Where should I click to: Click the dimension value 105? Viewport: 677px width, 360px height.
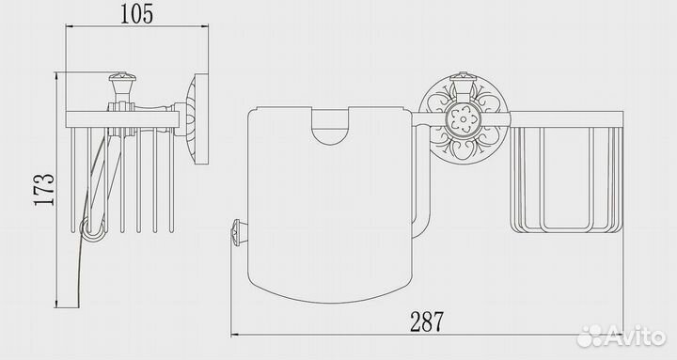[136, 13]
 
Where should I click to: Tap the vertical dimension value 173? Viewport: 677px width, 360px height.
[45, 190]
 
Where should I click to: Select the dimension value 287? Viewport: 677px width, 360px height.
[427, 321]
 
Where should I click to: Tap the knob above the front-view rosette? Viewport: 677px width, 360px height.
[464, 82]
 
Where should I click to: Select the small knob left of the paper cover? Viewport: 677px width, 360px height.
[237, 233]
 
